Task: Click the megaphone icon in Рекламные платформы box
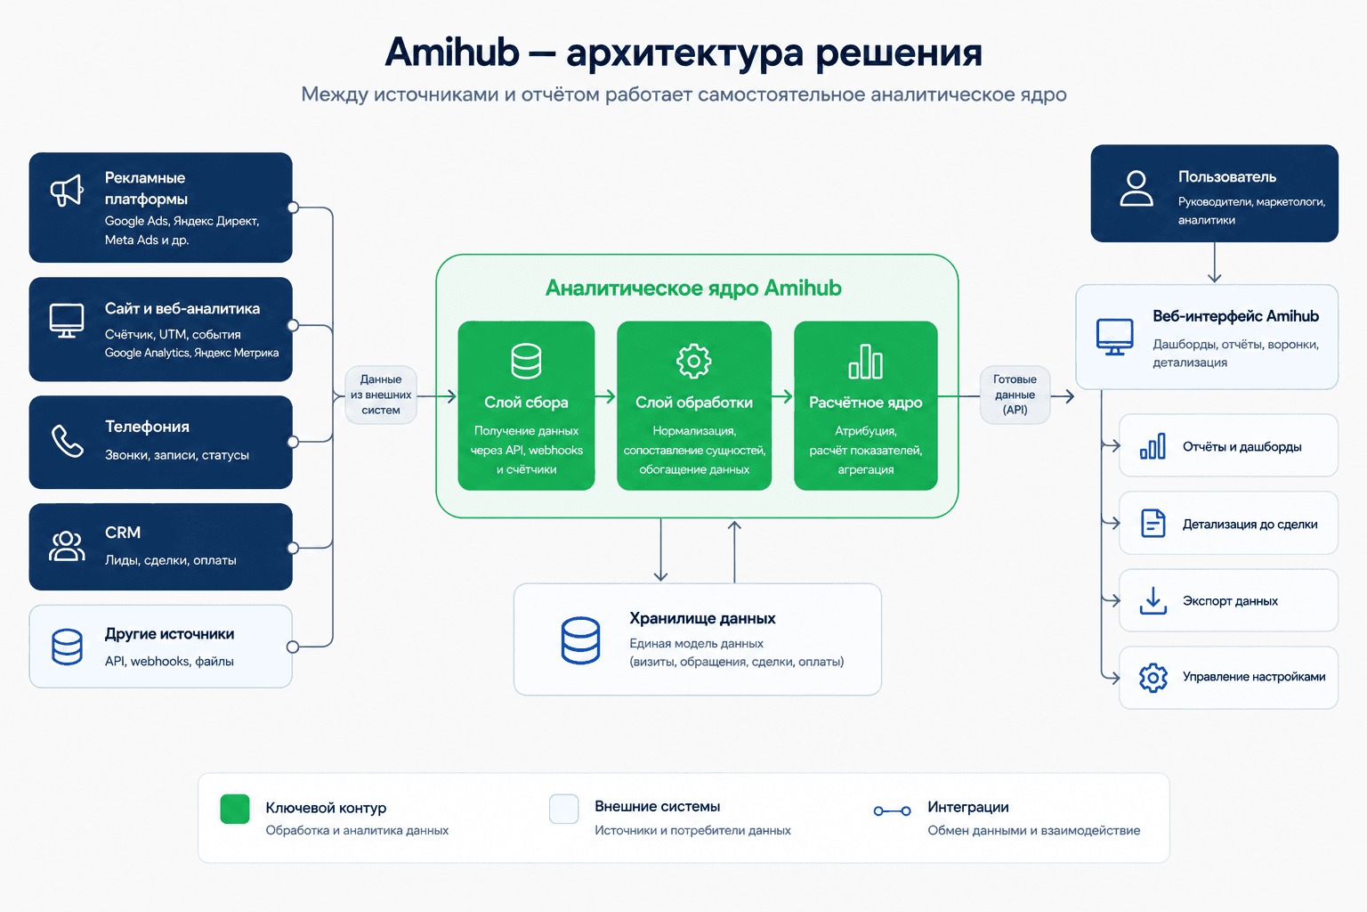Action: coord(67,190)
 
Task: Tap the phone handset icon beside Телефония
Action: coord(67,441)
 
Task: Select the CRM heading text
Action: coord(123,533)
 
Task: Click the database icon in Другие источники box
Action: coord(67,647)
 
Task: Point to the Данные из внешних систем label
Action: coord(381,395)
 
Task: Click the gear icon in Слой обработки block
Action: coord(694,361)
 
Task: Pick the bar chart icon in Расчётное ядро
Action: coord(865,362)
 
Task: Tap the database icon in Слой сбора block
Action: coord(526,361)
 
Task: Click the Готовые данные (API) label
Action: coord(1015,395)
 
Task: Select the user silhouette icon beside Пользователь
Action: coord(1136,188)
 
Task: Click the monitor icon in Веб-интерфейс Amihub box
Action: coord(1114,337)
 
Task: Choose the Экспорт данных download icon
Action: coord(1153,600)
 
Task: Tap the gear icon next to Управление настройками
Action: coord(1153,678)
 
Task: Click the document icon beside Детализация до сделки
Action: coord(1153,524)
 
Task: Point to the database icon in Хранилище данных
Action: coord(580,640)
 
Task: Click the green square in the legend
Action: coord(235,810)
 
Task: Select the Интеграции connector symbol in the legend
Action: coord(893,811)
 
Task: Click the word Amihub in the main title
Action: coord(451,53)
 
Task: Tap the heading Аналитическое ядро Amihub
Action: coord(693,288)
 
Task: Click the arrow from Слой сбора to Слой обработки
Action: coord(605,396)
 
